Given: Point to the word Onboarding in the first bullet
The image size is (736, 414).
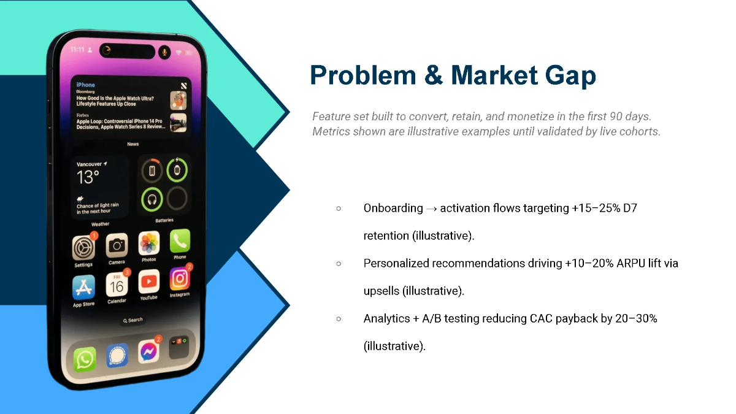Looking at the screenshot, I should (x=393, y=208).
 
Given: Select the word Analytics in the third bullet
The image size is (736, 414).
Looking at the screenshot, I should (x=386, y=318).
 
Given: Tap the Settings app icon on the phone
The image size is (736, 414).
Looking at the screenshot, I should (x=83, y=248).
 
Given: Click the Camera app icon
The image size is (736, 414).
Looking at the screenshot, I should (x=117, y=245).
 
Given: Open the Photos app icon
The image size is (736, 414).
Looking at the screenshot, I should (x=149, y=243).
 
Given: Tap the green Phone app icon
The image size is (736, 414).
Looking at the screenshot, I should (x=180, y=241).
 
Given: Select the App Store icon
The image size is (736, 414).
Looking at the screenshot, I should (x=83, y=287).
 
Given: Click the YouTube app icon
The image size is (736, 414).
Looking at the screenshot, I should (x=148, y=282).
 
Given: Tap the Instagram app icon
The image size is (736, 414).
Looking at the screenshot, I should (x=180, y=279).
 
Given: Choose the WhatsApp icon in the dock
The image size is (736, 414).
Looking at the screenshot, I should (x=85, y=359).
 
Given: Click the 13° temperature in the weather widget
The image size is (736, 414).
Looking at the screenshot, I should (x=88, y=178).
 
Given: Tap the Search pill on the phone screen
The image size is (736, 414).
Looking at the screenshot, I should (x=133, y=320).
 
